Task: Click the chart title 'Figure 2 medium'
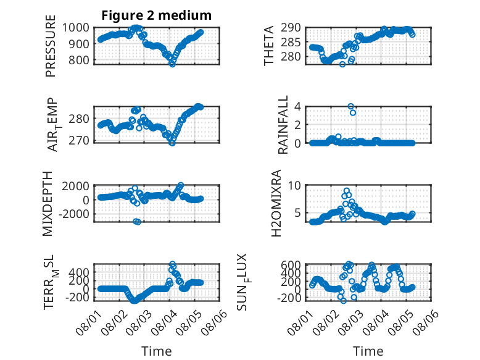click(x=157, y=15)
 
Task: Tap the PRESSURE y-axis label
click(x=51, y=46)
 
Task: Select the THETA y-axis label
click(x=268, y=46)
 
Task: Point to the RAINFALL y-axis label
click(x=283, y=124)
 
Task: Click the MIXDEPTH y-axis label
click(x=48, y=204)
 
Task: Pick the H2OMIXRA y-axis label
click(x=276, y=203)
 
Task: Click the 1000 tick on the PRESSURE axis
click(x=76, y=28)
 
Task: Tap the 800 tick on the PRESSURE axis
click(x=79, y=60)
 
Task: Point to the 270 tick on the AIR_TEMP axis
click(x=79, y=141)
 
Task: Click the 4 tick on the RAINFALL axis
click(x=297, y=107)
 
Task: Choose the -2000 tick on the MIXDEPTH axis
click(x=74, y=214)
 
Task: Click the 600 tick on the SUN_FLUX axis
click(x=291, y=264)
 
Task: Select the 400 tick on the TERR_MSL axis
click(x=79, y=272)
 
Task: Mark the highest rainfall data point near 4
click(x=351, y=107)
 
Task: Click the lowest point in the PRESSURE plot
click(x=172, y=64)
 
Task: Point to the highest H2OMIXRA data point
click(x=347, y=191)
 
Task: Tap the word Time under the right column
click(x=368, y=351)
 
